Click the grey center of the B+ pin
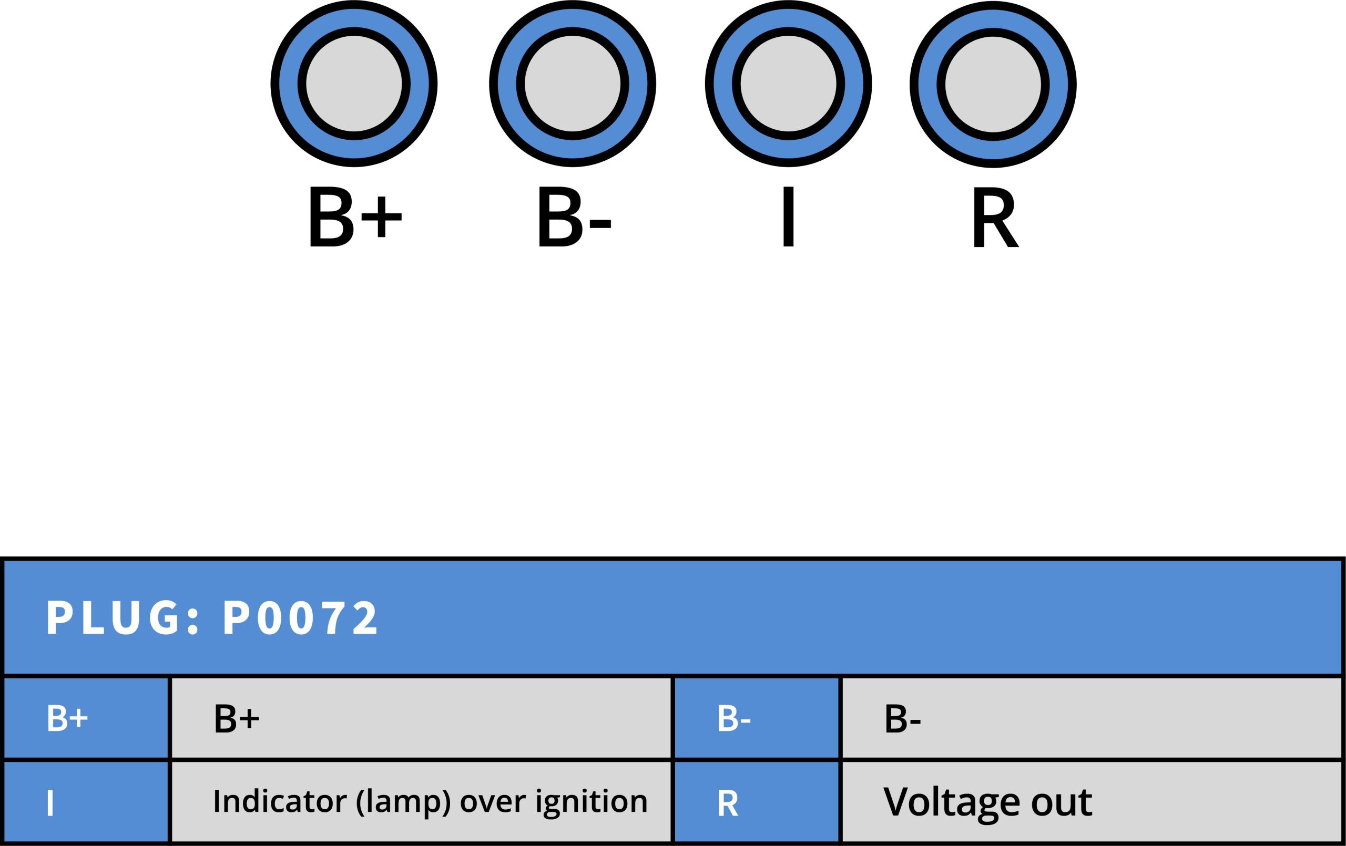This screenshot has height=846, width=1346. (x=354, y=84)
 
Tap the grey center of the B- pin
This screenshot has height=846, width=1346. (x=573, y=84)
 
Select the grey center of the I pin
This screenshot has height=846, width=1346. (x=788, y=84)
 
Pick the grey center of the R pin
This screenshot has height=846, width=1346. (x=993, y=85)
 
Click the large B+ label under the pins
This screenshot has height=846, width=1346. (x=354, y=217)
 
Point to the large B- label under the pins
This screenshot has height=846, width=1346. (x=574, y=217)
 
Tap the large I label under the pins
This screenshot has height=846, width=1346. (x=788, y=217)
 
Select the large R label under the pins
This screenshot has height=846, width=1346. (x=995, y=217)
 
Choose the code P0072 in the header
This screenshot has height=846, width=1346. (x=301, y=618)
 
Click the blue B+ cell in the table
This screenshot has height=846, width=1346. (x=85, y=718)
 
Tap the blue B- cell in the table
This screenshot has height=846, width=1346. (x=756, y=718)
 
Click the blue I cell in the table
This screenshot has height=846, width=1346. (x=85, y=802)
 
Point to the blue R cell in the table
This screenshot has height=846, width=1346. (x=756, y=802)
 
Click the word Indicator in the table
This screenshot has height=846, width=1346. (x=280, y=801)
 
